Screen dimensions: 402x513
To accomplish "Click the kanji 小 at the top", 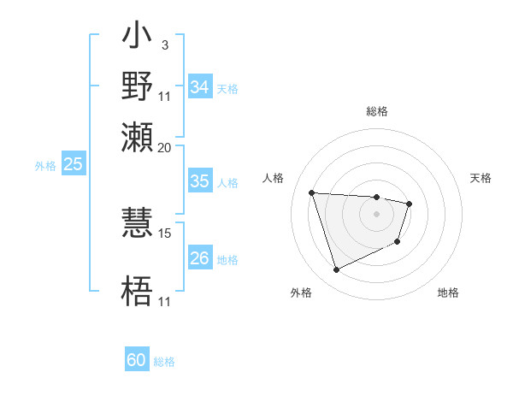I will (x=138, y=38).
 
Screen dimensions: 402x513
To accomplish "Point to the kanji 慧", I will (x=138, y=219).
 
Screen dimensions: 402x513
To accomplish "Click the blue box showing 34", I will (x=200, y=87).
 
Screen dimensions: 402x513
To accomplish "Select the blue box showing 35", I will (x=200, y=181).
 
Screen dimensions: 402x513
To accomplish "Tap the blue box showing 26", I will (x=200, y=258).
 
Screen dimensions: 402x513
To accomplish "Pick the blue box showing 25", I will (x=74, y=164).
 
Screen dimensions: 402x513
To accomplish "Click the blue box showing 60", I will (x=137, y=360).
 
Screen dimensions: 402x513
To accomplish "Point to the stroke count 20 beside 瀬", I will (x=165, y=147).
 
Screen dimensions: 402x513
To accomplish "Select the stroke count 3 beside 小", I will (x=164, y=45).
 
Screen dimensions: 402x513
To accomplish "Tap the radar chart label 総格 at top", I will (x=377, y=111).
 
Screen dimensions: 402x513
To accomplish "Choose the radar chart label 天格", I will (x=481, y=178).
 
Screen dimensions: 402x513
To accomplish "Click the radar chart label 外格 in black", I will (x=301, y=293).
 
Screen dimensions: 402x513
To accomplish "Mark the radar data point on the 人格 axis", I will (x=312, y=192).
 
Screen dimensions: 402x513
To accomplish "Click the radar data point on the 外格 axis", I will (x=336, y=270).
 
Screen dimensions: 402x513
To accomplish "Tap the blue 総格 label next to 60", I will (x=164, y=362).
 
